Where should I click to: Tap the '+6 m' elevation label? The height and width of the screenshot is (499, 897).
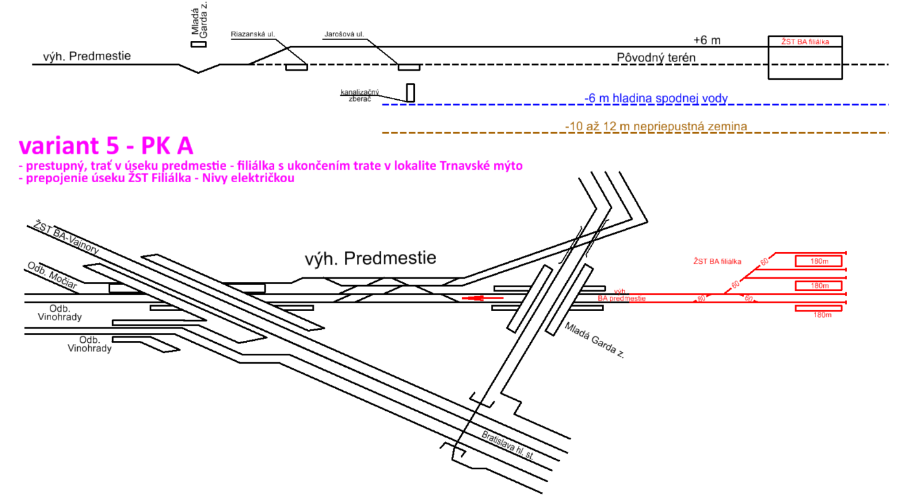coord(706,40)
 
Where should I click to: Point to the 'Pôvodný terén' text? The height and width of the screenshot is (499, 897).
coord(656,58)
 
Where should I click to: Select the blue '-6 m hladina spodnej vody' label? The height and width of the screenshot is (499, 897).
coord(656,99)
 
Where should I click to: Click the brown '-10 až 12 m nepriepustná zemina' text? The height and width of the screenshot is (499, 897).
coord(656,126)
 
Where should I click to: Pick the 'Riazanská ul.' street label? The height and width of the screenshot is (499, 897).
coord(252,34)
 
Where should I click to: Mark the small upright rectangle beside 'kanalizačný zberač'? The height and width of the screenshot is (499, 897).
coord(410,93)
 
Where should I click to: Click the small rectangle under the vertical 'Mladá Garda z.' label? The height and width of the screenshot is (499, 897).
coord(198,44)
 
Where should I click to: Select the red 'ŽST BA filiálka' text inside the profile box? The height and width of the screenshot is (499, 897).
coord(805,41)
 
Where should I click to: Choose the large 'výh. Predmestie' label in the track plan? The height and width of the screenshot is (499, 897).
coord(370,259)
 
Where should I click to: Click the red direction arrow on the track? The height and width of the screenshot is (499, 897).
coord(482,298)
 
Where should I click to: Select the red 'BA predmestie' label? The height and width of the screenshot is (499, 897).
coord(622,298)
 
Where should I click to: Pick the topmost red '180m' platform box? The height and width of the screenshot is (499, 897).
coord(819,261)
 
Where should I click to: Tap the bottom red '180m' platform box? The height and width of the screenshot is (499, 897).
coord(819,308)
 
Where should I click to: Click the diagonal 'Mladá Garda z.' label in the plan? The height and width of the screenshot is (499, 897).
coord(594,340)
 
